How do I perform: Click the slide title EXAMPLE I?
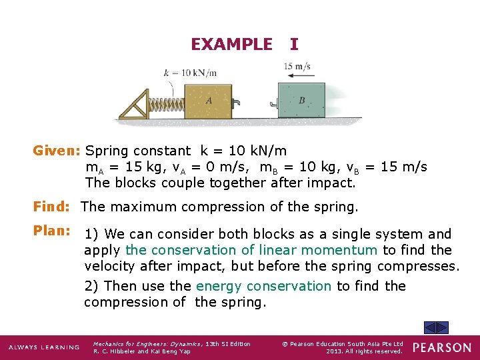point(244,44)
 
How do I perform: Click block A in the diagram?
point(208,101)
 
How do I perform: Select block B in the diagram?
point(301,101)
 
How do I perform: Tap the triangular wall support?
point(136,105)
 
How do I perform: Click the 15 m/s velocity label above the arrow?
point(297,66)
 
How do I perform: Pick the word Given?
point(57,151)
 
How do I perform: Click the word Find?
point(53,207)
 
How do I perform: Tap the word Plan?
point(53,231)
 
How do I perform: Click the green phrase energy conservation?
point(263,286)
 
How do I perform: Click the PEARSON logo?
point(441,347)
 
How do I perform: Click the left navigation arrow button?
point(431,327)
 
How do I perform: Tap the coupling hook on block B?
point(273,103)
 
